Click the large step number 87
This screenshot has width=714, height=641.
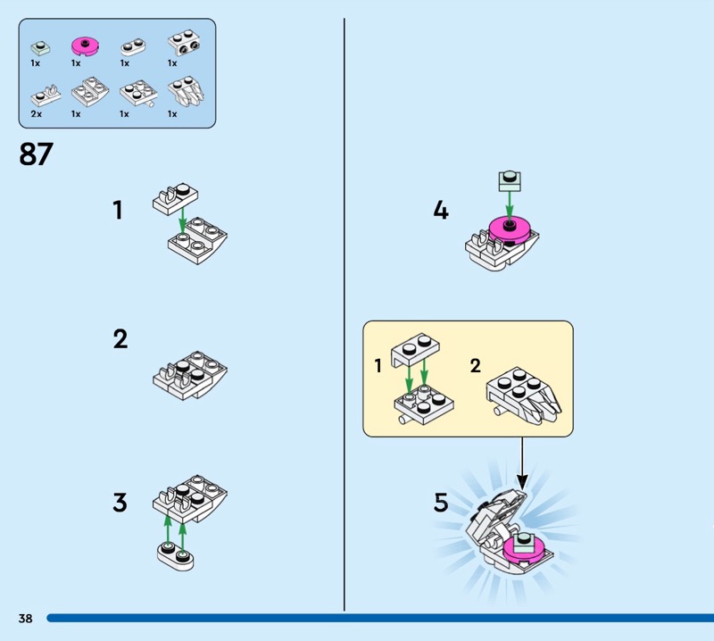click(x=36, y=154)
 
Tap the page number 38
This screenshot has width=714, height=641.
click(x=26, y=618)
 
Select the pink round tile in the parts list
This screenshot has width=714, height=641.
click(x=85, y=47)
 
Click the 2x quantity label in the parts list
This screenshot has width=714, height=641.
click(x=37, y=114)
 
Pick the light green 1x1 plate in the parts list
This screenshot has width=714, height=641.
click(x=40, y=48)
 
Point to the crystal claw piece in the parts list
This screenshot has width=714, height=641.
click(x=186, y=92)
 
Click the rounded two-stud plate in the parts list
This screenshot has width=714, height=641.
click(x=133, y=47)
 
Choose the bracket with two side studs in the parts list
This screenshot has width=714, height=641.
click(x=185, y=43)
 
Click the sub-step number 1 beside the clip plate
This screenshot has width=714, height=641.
click(x=118, y=211)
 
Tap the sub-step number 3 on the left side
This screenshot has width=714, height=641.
click(x=120, y=502)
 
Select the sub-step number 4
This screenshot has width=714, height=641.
click(x=441, y=211)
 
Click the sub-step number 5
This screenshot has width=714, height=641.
click(x=441, y=502)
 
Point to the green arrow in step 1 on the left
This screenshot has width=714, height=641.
click(x=183, y=220)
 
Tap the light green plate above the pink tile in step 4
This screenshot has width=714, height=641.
click(x=510, y=181)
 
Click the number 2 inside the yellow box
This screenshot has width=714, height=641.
click(x=476, y=365)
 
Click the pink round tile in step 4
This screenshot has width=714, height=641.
click(x=510, y=229)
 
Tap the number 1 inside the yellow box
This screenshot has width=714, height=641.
click(x=378, y=365)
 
